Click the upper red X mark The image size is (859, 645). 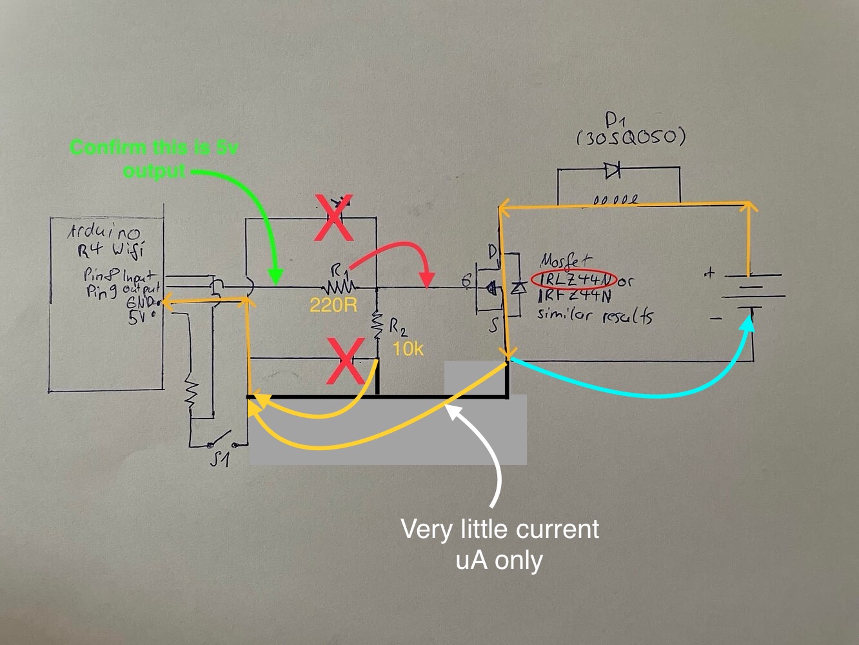click(333, 218)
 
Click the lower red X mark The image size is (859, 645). click(346, 361)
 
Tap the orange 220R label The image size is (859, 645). click(333, 305)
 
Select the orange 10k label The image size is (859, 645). click(409, 349)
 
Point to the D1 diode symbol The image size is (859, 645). click(612, 170)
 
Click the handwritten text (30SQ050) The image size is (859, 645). click(630, 137)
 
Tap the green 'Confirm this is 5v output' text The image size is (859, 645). click(153, 159)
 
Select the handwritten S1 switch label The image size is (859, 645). click(221, 459)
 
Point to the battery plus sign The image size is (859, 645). click(709, 273)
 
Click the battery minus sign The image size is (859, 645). click(715, 318)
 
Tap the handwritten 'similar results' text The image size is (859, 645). click(594, 316)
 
